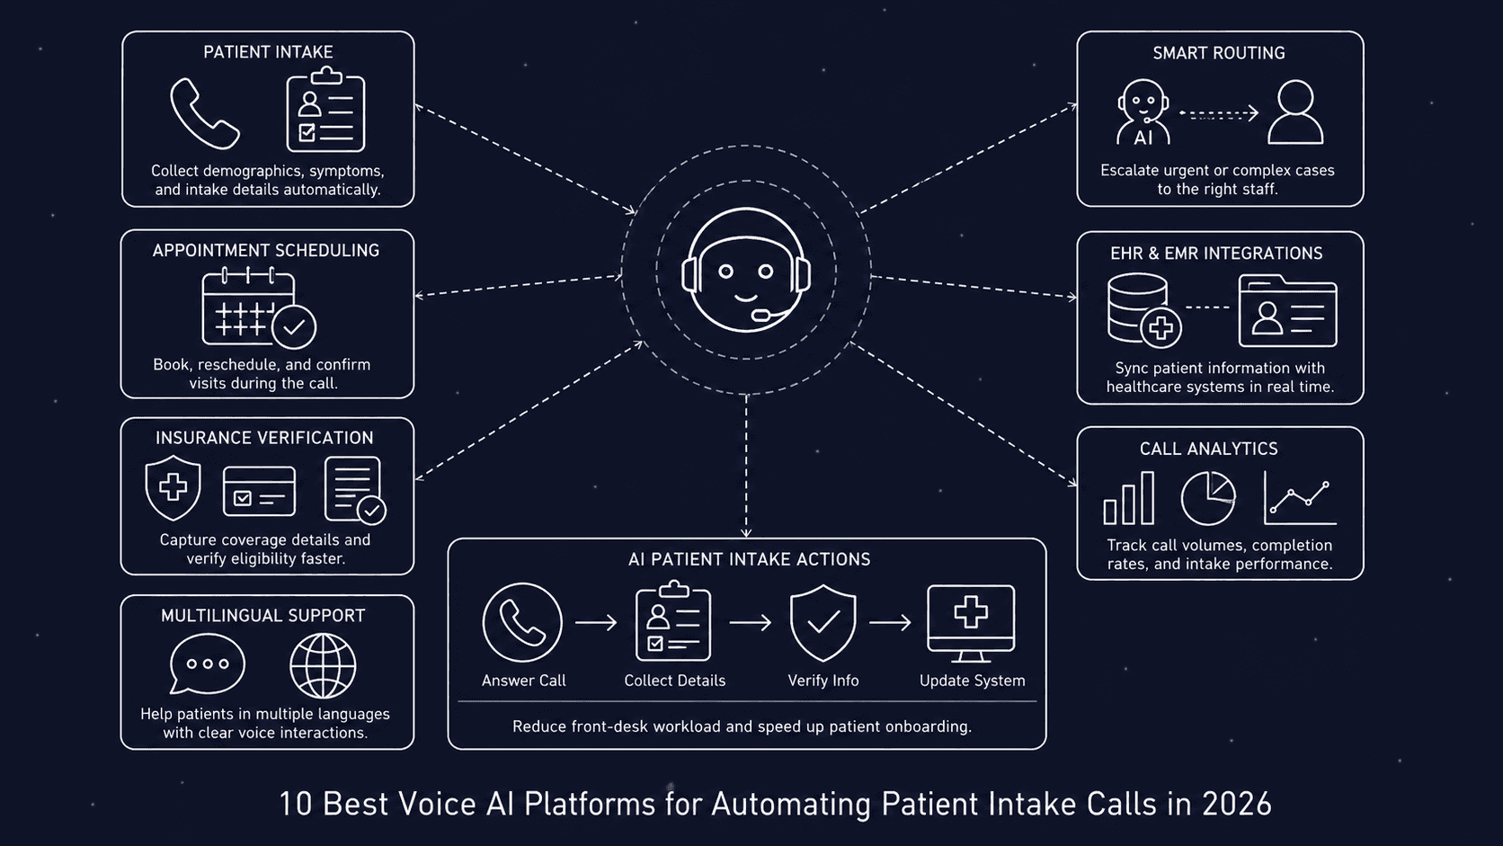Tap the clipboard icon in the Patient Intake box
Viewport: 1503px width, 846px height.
(325, 111)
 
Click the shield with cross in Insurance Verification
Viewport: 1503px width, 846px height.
(173, 487)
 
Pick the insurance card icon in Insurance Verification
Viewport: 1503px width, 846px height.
(259, 491)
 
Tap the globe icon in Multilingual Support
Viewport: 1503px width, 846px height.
(323, 666)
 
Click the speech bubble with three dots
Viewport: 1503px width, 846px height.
(207, 663)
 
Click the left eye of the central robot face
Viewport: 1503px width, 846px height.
(726, 271)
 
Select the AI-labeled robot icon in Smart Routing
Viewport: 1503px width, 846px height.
(1143, 113)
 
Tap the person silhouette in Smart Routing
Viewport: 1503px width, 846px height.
(1295, 112)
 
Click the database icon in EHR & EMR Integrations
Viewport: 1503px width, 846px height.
(1138, 308)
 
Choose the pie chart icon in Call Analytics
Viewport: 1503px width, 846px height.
(1207, 498)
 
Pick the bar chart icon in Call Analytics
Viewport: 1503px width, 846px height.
(1129, 500)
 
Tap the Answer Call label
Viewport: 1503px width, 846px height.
(523, 681)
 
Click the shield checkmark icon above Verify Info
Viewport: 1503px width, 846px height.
(823, 622)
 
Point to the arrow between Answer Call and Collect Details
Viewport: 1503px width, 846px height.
(596, 622)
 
